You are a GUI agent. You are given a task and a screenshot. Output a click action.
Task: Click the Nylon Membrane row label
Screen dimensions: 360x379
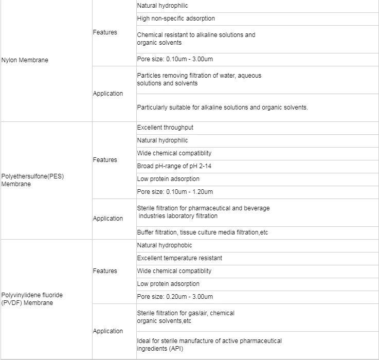[x=25, y=60]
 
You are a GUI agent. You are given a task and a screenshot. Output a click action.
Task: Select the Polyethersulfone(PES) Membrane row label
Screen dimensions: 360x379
[x=32, y=180]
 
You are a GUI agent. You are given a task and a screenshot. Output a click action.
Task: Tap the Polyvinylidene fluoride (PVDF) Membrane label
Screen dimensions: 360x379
[x=32, y=299]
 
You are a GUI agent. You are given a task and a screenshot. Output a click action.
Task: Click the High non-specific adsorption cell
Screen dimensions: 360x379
[x=176, y=19]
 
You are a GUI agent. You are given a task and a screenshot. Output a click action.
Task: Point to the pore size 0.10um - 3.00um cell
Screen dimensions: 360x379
[x=175, y=59]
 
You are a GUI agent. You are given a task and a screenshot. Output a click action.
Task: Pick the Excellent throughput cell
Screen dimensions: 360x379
[x=165, y=128]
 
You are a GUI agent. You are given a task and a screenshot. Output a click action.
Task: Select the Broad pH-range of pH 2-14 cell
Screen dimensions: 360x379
[x=174, y=166]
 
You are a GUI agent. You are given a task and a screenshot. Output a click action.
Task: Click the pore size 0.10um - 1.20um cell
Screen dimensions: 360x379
[x=175, y=192]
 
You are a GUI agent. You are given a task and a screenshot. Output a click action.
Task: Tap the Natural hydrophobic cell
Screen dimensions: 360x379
[x=165, y=245]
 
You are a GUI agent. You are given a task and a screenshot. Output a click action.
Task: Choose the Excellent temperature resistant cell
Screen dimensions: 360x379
[x=179, y=258]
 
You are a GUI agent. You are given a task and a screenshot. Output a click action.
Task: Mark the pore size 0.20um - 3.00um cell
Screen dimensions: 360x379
[x=175, y=297]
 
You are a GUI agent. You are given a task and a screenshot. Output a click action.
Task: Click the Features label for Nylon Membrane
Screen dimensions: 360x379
[x=105, y=32]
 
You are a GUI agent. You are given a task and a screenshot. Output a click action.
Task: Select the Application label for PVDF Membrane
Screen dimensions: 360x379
[x=108, y=331]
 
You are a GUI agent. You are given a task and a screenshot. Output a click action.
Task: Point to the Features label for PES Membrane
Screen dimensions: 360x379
[x=105, y=160]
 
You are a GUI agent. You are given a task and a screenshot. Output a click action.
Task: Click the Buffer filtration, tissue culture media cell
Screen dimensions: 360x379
[x=203, y=232]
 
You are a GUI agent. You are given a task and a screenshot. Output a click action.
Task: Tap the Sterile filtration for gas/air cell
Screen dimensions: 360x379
[x=185, y=317]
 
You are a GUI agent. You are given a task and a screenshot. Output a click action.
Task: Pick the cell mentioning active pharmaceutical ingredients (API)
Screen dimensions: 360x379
[x=209, y=345]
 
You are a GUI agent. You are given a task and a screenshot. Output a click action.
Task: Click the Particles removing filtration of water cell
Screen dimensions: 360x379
[x=199, y=79]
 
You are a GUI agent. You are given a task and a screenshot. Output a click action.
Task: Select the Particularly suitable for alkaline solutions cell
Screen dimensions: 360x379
[x=222, y=107]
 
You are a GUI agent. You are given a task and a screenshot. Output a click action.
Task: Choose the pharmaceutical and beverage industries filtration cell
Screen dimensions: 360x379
[x=203, y=212]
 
